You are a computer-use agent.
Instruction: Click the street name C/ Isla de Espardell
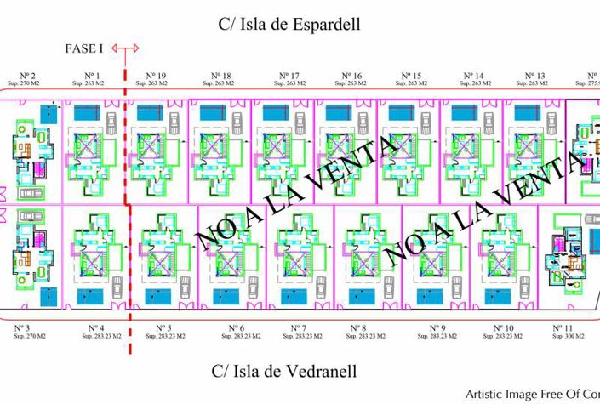[289, 25]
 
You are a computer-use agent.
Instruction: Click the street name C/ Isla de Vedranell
[284, 371]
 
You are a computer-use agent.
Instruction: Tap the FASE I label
[85, 48]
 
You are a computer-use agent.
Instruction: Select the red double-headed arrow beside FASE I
[125, 49]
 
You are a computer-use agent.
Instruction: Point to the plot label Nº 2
[29, 76]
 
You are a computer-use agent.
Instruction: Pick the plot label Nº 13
[535, 76]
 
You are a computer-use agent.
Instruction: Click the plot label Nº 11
[562, 327]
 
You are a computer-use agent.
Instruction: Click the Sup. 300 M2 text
[568, 336]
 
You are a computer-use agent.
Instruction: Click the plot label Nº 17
[289, 76]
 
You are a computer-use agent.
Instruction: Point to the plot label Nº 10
[504, 327]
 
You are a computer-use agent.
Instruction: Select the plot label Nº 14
[474, 76]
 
